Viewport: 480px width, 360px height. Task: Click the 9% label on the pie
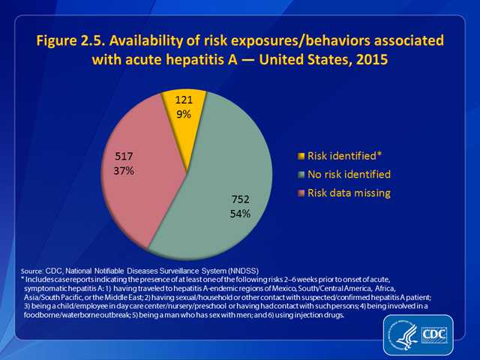[184, 115]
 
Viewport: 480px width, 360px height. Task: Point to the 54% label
[240, 214]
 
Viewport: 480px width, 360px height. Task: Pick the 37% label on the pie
[124, 171]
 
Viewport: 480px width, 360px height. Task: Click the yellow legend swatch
[301, 156]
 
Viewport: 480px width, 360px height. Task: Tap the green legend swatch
[301, 175]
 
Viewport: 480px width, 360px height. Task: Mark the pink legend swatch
[301, 193]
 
